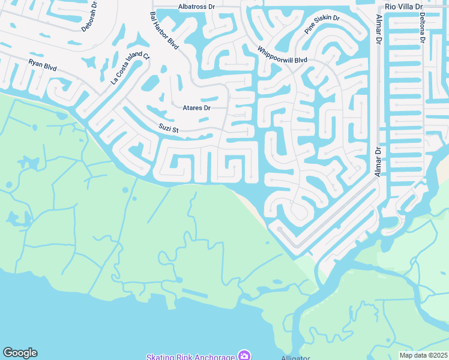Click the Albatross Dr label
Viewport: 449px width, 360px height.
(x=196, y=7)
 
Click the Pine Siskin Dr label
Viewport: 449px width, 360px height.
(x=322, y=25)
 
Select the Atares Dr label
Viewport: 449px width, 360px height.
(x=196, y=108)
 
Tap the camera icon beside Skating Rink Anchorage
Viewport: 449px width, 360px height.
(x=244, y=356)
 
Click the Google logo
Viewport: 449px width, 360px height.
(x=20, y=353)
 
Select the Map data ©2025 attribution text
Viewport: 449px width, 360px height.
(x=423, y=355)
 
